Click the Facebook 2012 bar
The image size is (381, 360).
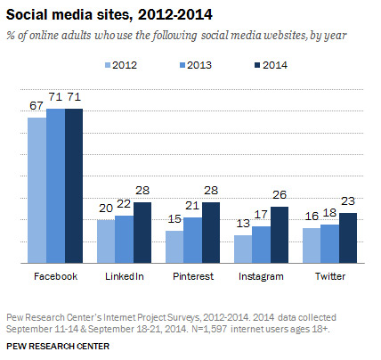click(x=36, y=191)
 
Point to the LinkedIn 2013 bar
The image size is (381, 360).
click(x=123, y=240)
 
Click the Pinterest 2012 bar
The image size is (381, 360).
click(x=174, y=248)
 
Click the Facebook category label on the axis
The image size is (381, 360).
click(x=55, y=277)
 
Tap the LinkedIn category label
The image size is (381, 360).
click(x=124, y=277)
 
